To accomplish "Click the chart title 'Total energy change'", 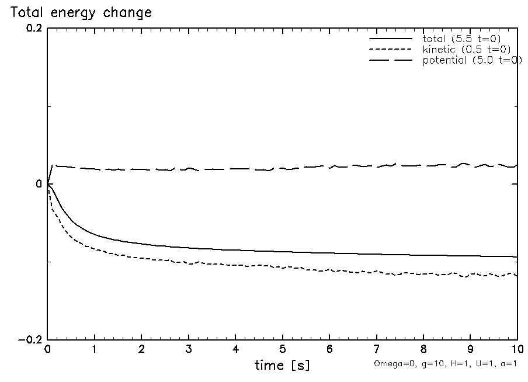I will tap(81, 12).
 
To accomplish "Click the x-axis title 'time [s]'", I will tap(282, 365).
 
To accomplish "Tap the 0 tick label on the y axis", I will tap(40, 185).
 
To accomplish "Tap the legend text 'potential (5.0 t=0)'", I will tap(472, 61).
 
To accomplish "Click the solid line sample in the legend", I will tap(390, 39).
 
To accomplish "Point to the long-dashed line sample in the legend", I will tap(390, 61).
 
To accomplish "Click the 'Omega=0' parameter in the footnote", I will tap(389, 363).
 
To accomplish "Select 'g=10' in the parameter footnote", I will tap(422, 363).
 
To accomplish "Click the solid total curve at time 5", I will tap(283, 252).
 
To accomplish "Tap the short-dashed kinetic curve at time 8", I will tap(423, 273).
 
